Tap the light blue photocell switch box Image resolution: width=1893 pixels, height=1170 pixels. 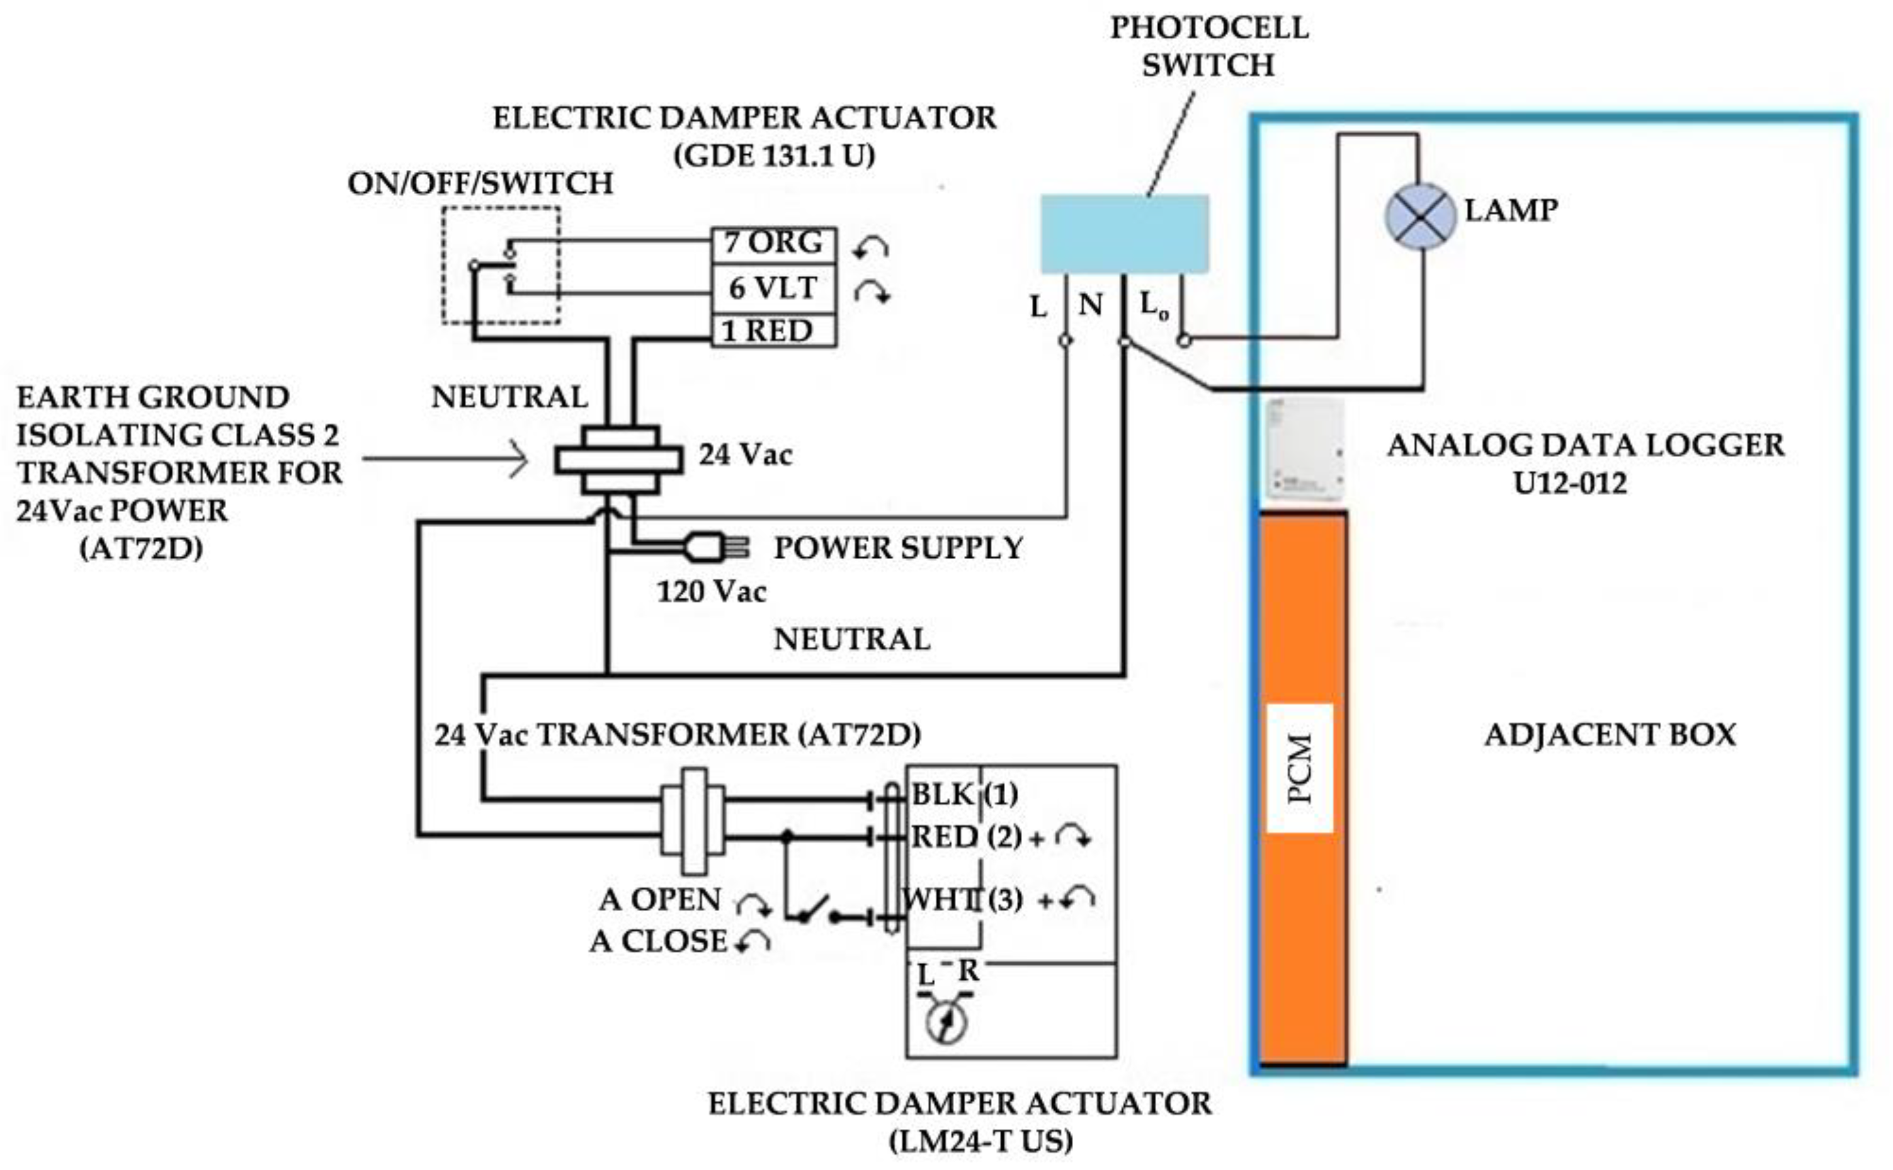click(x=1124, y=234)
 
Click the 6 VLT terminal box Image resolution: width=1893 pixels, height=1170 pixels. click(x=773, y=288)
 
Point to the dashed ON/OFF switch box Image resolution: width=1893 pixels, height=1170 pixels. click(x=501, y=265)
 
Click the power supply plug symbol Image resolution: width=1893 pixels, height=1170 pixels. click(x=715, y=547)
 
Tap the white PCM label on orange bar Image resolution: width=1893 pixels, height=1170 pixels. click(x=1299, y=768)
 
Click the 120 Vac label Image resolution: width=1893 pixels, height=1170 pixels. click(x=711, y=592)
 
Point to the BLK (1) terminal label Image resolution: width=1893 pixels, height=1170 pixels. click(x=965, y=795)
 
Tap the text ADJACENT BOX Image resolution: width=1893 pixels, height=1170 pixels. click(x=1610, y=734)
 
